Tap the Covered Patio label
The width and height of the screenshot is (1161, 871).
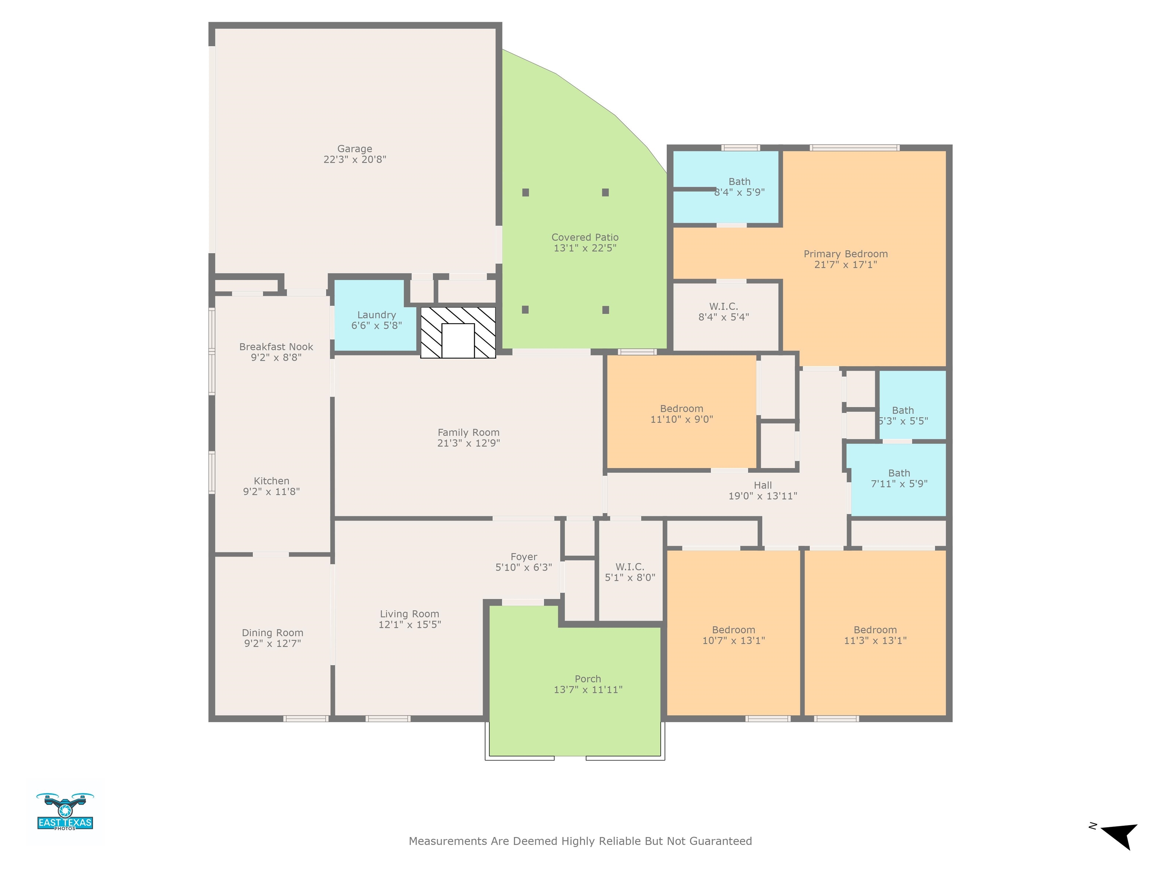(x=585, y=237)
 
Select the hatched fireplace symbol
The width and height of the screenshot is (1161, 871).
(x=458, y=332)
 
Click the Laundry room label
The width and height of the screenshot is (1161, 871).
(x=376, y=315)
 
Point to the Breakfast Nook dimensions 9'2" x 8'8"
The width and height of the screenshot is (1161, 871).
(x=276, y=358)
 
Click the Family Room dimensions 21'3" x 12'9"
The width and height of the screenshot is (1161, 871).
(x=468, y=443)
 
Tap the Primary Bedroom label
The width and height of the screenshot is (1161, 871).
(x=845, y=254)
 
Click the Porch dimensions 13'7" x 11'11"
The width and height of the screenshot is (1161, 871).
(x=588, y=689)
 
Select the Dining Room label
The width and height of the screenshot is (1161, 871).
(x=272, y=632)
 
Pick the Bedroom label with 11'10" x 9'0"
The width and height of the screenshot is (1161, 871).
(x=681, y=408)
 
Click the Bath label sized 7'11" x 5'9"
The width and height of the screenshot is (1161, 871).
(x=899, y=473)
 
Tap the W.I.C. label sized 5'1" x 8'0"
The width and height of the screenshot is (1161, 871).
(x=630, y=567)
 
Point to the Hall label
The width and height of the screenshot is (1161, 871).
(x=763, y=485)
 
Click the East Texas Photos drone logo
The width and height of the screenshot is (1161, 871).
(x=65, y=811)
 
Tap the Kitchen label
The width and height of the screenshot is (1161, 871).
(x=271, y=481)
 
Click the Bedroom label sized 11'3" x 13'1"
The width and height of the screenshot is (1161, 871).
(x=875, y=630)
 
